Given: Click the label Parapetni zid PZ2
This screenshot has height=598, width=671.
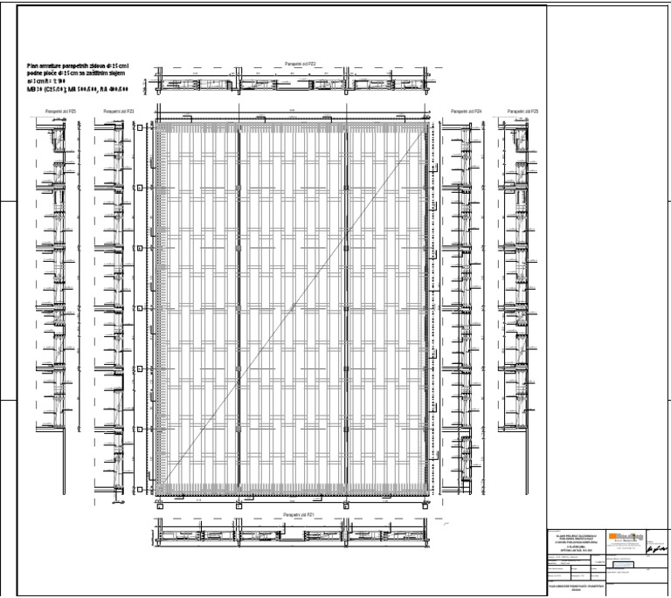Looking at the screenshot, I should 300,65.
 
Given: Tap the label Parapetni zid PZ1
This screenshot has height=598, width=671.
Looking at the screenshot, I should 300,515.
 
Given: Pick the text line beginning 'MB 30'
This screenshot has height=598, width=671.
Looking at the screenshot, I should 66,89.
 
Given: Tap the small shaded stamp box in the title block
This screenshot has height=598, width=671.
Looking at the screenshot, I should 622,566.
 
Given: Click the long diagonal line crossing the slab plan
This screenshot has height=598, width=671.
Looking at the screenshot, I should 294,306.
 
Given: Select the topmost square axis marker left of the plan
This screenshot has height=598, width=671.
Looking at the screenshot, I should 140,127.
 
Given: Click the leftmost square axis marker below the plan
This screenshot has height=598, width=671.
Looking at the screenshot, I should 160,503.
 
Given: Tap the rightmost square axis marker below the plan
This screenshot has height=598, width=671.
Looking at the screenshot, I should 426,503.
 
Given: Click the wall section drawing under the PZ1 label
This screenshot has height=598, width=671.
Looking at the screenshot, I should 293,534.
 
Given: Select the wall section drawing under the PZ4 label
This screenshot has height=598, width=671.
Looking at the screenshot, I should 460,306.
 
